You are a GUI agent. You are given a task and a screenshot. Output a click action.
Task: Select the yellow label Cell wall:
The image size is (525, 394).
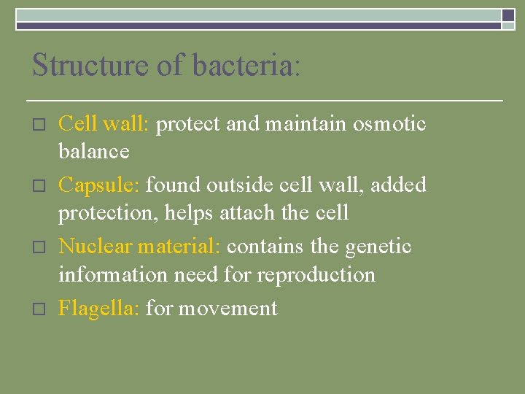pos(104,124)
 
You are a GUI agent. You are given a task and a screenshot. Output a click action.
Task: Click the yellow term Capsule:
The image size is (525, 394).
pos(99,185)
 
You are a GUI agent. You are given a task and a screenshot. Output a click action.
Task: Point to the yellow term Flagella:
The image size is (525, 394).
pos(99,308)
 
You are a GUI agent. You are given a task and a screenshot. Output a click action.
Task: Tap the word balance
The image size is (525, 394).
pos(93,152)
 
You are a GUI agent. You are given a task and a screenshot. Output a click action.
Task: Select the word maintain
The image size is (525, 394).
pos(306,124)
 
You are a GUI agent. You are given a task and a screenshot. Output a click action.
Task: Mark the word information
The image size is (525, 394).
pos(113,274)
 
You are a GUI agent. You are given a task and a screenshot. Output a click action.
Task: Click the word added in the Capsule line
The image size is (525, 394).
pos(398,185)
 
